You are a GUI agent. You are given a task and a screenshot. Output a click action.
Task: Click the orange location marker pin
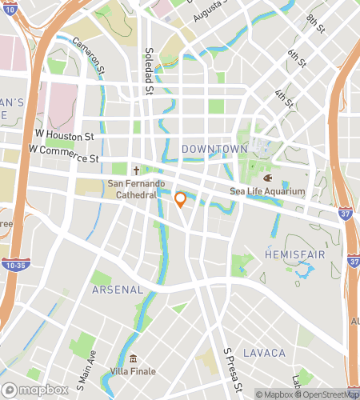click(x=181, y=199)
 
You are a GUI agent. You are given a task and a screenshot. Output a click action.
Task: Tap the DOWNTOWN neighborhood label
click(x=214, y=150)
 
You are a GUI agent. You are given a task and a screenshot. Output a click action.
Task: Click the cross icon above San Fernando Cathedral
click(x=136, y=170)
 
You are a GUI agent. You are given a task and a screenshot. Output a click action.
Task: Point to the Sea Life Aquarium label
click(x=268, y=191)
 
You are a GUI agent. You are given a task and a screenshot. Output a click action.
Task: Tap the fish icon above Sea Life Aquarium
click(x=268, y=178)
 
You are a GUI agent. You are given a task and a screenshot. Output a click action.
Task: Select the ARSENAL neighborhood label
click(x=117, y=289)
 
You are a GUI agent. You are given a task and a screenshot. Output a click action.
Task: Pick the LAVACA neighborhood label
click(x=264, y=353)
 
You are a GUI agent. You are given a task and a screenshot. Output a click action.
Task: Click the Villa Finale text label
click(x=133, y=371)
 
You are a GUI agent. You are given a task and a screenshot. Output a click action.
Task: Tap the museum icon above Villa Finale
click(x=133, y=358)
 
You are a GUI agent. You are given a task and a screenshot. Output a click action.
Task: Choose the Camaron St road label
click(x=88, y=55)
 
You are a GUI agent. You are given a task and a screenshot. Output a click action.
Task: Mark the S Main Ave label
click(x=86, y=371)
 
